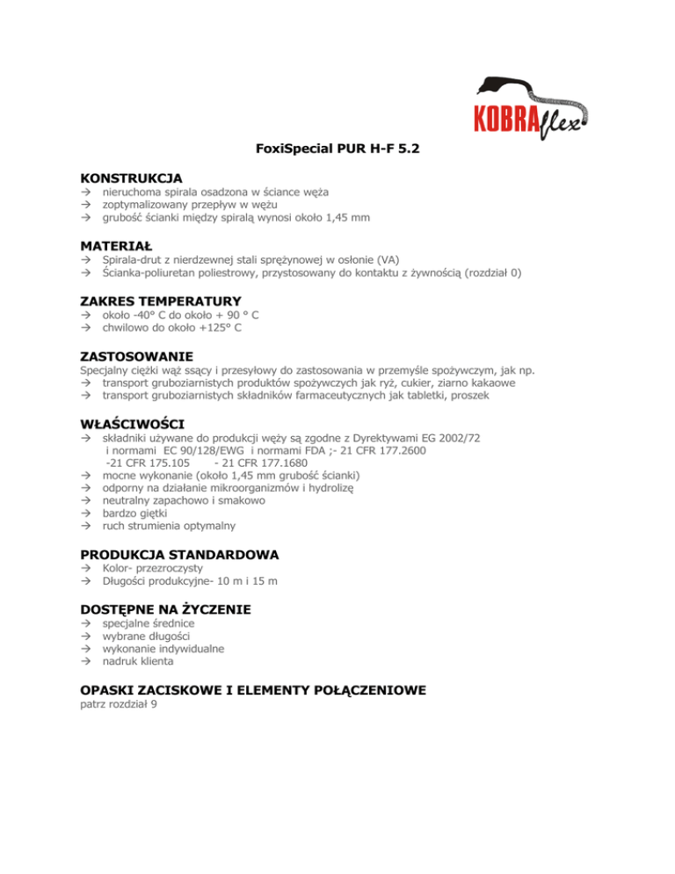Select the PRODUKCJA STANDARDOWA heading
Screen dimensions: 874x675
pyautogui.click(x=180, y=555)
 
